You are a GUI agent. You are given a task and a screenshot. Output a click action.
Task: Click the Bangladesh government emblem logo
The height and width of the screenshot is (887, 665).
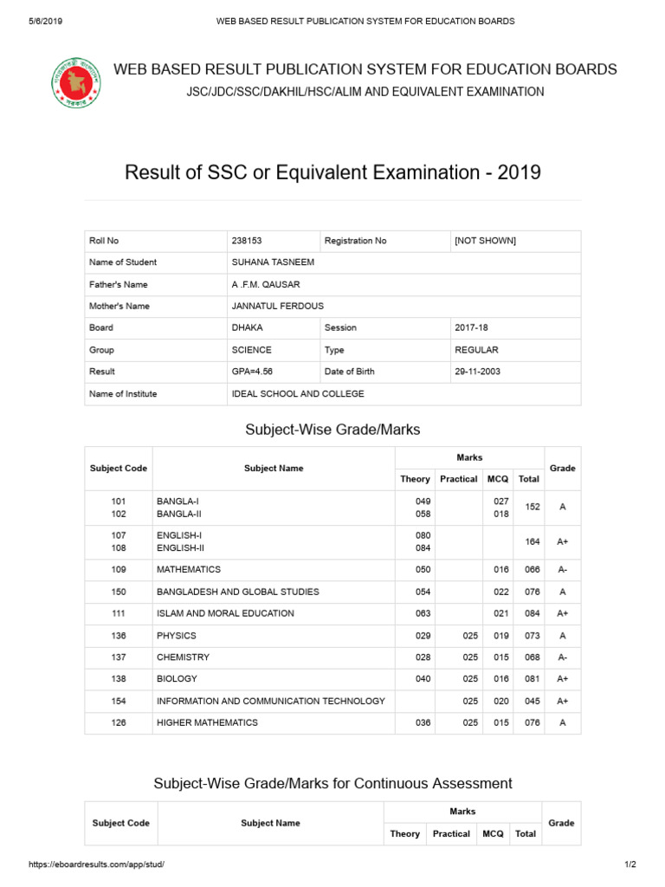coord(75,82)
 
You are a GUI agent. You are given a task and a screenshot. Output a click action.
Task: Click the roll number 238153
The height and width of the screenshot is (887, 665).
coord(247,241)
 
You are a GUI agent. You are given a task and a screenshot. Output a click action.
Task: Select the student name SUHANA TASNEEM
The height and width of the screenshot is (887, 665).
coord(273,262)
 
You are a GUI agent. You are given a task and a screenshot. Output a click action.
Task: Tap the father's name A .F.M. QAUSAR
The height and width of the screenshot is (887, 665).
coord(266,284)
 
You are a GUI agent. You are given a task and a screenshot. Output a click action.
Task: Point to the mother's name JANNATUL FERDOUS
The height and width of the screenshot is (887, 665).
coord(277,306)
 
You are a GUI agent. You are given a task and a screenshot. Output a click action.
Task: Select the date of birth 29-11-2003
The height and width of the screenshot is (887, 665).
coord(477,372)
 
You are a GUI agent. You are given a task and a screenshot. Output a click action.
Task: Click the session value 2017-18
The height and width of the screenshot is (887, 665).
coord(470,328)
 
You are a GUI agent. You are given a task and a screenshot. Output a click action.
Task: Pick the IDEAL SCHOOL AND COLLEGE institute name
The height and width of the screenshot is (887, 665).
coord(298,393)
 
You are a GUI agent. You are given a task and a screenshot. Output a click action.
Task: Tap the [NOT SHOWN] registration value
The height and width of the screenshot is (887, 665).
coord(485,241)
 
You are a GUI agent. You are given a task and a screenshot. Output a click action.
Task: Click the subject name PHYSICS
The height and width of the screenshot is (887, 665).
coord(177,635)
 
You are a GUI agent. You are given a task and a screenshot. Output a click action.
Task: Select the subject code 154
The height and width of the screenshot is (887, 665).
coord(119,701)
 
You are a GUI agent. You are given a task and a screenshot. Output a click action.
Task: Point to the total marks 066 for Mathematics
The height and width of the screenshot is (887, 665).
coord(528,570)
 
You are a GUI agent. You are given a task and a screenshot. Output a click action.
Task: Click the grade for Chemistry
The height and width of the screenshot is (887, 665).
coord(562,657)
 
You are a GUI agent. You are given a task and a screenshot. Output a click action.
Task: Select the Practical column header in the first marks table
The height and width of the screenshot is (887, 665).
coord(458,479)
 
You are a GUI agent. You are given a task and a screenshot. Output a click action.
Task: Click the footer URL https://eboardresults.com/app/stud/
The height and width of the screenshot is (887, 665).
coord(96,864)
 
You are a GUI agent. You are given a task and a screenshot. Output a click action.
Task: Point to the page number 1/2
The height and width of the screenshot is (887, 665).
coord(629,864)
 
